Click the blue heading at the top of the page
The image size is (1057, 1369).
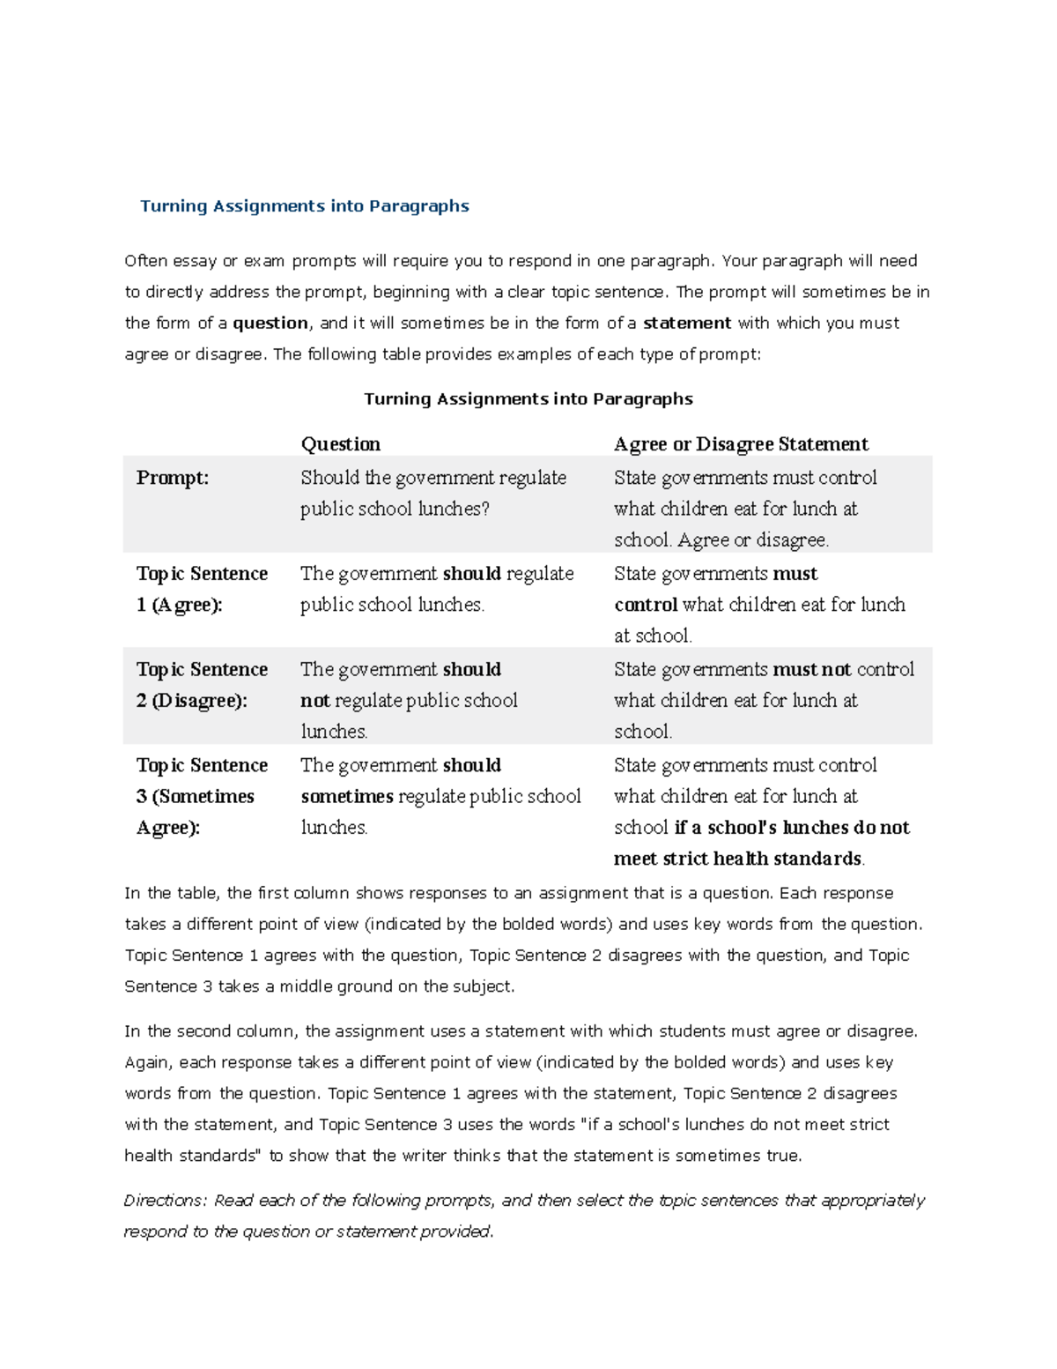305,206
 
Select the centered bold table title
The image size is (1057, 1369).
528,399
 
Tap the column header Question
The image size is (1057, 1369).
341,444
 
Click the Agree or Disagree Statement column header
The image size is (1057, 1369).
741,444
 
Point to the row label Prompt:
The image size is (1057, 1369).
173,478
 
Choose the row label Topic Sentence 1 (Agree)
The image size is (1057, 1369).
202,589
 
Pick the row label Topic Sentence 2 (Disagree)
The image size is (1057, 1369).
202,685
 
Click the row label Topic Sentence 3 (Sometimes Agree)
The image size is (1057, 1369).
202,796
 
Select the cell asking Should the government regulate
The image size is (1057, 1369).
433,493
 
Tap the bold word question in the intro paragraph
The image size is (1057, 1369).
270,324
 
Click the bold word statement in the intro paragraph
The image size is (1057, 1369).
687,324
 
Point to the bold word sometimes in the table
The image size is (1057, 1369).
347,797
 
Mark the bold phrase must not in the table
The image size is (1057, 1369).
811,670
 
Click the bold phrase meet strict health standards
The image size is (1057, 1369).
737,859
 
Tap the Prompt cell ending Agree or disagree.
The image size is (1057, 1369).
745,509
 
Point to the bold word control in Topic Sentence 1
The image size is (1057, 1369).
646,605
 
